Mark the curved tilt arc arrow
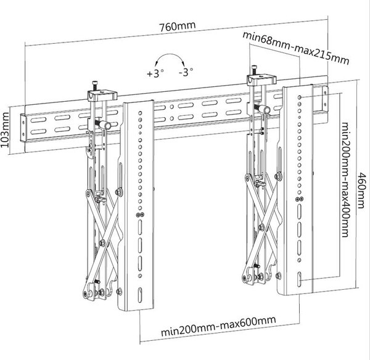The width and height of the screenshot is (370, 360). (171, 60)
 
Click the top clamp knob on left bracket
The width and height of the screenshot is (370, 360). (94, 84)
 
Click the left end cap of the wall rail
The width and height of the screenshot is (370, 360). (23, 129)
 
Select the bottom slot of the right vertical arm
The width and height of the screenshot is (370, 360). (300, 281)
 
